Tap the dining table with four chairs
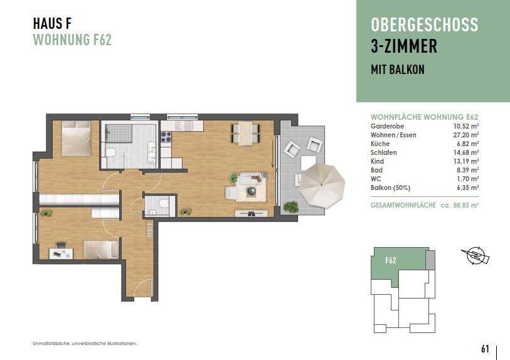[245, 132]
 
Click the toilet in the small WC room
[162, 204]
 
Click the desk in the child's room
[61, 252]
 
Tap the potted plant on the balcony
[290, 206]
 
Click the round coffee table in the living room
[252, 191]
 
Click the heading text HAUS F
[51, 24]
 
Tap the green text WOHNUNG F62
[72, 40]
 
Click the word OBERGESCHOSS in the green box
[424, 25]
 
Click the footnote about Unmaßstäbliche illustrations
[84, 344]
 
